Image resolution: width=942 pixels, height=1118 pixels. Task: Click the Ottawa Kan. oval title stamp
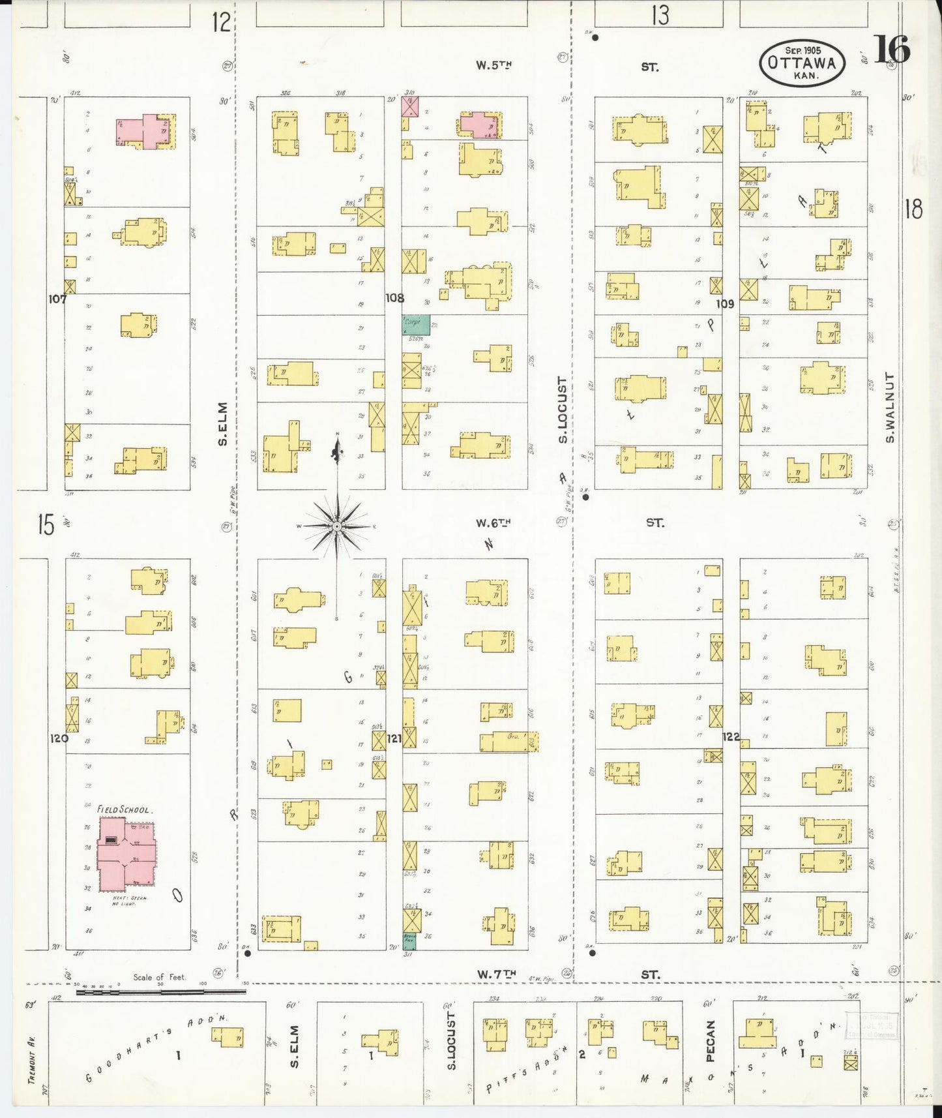(x=802, y=63)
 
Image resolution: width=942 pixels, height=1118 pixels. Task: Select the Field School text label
(x=123, y=809)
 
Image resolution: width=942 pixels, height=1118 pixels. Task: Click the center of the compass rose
(x=337, y=526)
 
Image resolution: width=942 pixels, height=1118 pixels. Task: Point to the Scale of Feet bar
(x=160, y=992)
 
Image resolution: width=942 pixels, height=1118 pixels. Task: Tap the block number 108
(x=394, y=298)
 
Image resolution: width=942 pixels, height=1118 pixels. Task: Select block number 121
(x=394, y=738)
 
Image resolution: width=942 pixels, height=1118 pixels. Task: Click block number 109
(x=725, y=303)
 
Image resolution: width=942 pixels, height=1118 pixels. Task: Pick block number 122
(x=731, y=736)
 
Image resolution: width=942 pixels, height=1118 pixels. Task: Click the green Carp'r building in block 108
(x=416, y=323)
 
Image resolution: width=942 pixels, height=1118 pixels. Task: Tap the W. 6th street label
(x=493, y=522)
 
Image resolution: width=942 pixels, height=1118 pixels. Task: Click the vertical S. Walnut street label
(x=890, y=408)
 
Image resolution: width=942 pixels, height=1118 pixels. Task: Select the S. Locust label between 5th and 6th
(x=562, y=410)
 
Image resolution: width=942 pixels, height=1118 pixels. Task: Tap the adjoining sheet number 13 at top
(x=660, y=15)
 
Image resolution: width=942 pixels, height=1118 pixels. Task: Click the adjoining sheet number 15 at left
(x=45, y=524)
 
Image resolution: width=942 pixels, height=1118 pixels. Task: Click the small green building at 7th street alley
(x=410, y=940)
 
